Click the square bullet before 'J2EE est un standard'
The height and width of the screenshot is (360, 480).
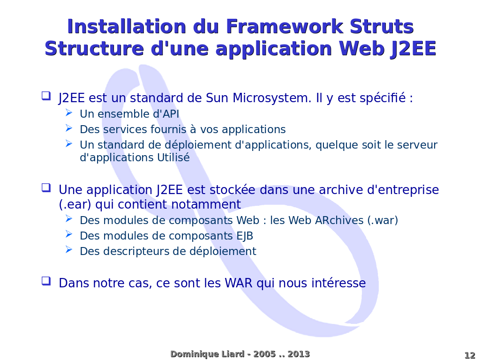click(46, 96)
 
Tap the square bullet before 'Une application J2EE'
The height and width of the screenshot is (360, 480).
click(46, 188)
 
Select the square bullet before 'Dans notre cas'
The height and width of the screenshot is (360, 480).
click(46, 281)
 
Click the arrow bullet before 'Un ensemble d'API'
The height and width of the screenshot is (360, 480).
click(69, 112)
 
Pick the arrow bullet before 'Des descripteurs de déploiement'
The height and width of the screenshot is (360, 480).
click(69, 250)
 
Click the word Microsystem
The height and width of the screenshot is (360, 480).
click(272, 98)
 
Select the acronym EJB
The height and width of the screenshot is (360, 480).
click(245, 236)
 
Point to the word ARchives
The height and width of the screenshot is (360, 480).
click(339, 220)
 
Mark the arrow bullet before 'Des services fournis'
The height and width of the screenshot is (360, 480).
click(69, 128)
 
